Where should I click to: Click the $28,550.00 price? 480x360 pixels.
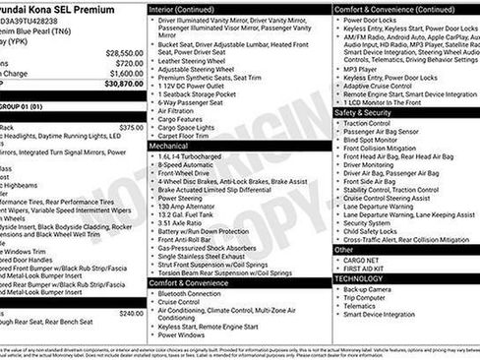pos(124,52)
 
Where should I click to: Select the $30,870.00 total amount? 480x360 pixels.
pos(124,85)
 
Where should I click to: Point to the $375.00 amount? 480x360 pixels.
pos(130,127)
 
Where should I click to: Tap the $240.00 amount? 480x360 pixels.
pos(130,313)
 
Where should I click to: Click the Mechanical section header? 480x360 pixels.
pos(169,145)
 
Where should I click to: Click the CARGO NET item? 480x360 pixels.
pos(363,260)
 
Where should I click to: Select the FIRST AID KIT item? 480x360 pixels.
pos(366,269)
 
